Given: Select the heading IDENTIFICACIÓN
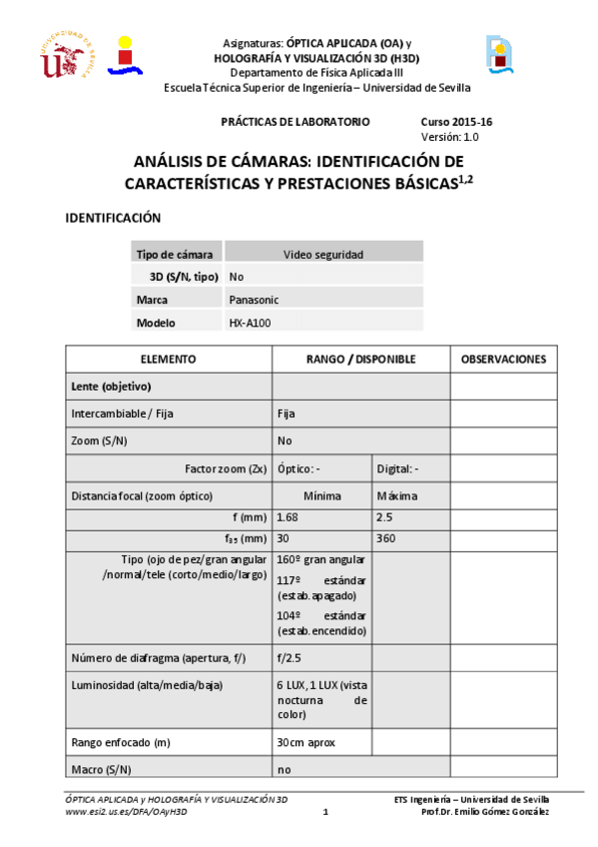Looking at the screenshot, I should pos(113,218).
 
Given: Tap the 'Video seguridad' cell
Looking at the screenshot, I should pos(323,254).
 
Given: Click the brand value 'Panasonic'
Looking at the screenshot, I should pos(254,299).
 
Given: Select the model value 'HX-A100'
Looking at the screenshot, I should pos(250,323).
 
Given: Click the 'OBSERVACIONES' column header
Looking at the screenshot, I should pos(503,359).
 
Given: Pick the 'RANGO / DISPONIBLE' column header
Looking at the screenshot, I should pos(360,359).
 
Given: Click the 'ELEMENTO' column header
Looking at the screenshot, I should pos(168,359).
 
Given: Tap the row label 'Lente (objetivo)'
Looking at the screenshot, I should pos(111,386).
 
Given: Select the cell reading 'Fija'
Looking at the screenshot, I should pos(287,413).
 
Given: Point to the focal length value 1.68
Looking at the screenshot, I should pos(288,516).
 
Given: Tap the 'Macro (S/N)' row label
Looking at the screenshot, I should pos(101,769).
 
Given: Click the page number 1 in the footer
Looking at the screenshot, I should pos(325,812).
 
